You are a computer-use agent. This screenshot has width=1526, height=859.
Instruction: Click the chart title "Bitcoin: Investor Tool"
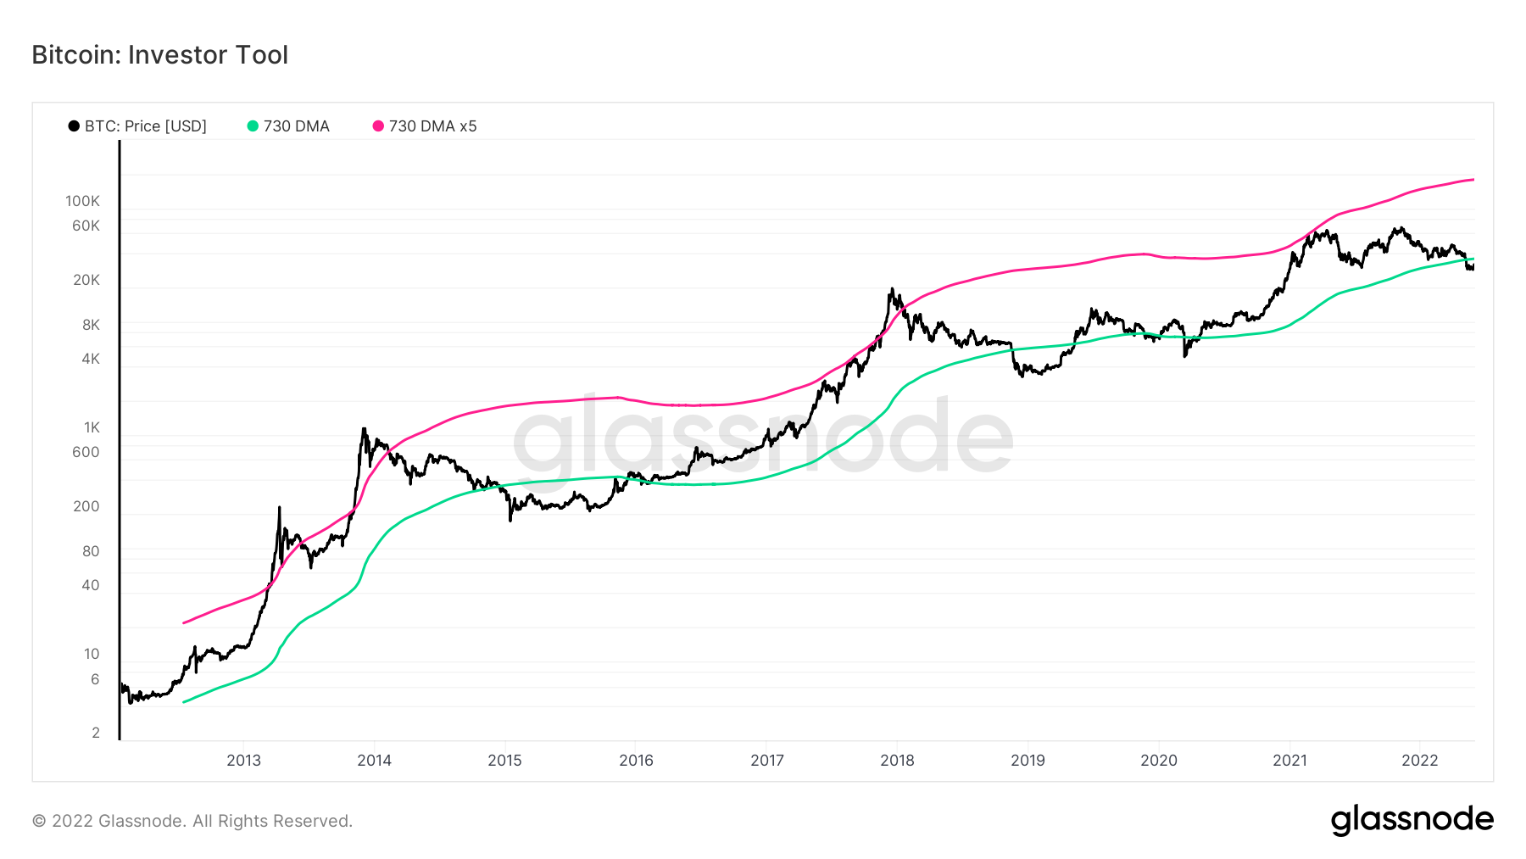(160, 55)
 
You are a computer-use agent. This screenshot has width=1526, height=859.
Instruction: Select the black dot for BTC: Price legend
(74, 126)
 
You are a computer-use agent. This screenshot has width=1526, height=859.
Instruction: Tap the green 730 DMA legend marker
(253, 126)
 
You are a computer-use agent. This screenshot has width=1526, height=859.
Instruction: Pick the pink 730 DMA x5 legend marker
(378, 126)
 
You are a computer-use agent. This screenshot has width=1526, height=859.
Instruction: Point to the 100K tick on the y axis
(82, 201)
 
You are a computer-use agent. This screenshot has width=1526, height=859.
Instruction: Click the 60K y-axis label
(86, 226)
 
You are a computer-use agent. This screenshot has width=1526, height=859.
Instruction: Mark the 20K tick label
(86, 280)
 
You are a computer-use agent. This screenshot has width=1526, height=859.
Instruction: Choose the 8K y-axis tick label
(91, 325)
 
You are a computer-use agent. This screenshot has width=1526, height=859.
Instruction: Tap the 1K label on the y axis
(91, 427)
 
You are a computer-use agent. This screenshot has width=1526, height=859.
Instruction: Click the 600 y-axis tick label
(86, 452)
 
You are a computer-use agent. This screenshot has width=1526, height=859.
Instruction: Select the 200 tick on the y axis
(86, 506)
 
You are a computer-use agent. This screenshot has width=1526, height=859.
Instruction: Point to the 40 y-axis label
(90, 585)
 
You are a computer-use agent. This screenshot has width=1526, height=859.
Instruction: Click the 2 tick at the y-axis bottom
(96, 733)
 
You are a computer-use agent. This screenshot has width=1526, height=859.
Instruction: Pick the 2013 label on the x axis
(243, 761)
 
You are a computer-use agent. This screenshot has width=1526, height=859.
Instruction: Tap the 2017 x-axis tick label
(767, 761)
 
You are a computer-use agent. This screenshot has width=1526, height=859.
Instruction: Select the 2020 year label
(1159, 761)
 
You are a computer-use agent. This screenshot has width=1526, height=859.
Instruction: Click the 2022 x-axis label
(1420, 761)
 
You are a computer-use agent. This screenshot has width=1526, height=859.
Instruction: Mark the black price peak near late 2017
(891, 290)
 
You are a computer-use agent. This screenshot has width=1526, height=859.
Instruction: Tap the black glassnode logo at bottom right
(1412, 820)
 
